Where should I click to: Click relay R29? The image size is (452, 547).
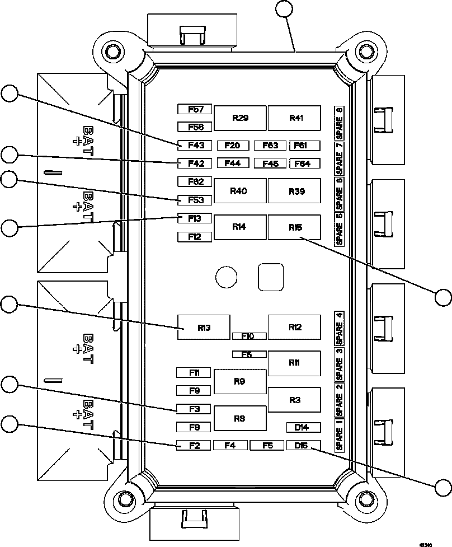pos(240,118)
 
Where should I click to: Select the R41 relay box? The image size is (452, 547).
pos(294,118)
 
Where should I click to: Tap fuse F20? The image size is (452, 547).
pos(232,146)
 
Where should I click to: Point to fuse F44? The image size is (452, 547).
pos(232,163)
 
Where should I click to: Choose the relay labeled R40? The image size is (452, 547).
pos(240,191)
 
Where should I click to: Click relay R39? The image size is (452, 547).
pos(294,191)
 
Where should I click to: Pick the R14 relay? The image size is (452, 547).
pos(240,227)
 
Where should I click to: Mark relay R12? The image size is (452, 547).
pos(294,328)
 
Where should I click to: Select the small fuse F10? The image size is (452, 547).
pos(249,336)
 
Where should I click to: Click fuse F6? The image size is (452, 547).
pos(249,354)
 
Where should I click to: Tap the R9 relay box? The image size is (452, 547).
pos(240,382)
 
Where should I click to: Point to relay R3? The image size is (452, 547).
pos(294,400)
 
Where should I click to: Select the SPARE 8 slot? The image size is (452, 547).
pos(339,122)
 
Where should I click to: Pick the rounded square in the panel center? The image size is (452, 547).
pos(271,277)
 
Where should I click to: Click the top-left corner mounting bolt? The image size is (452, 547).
pos(113,52)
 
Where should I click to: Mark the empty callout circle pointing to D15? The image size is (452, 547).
pos(443,488)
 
